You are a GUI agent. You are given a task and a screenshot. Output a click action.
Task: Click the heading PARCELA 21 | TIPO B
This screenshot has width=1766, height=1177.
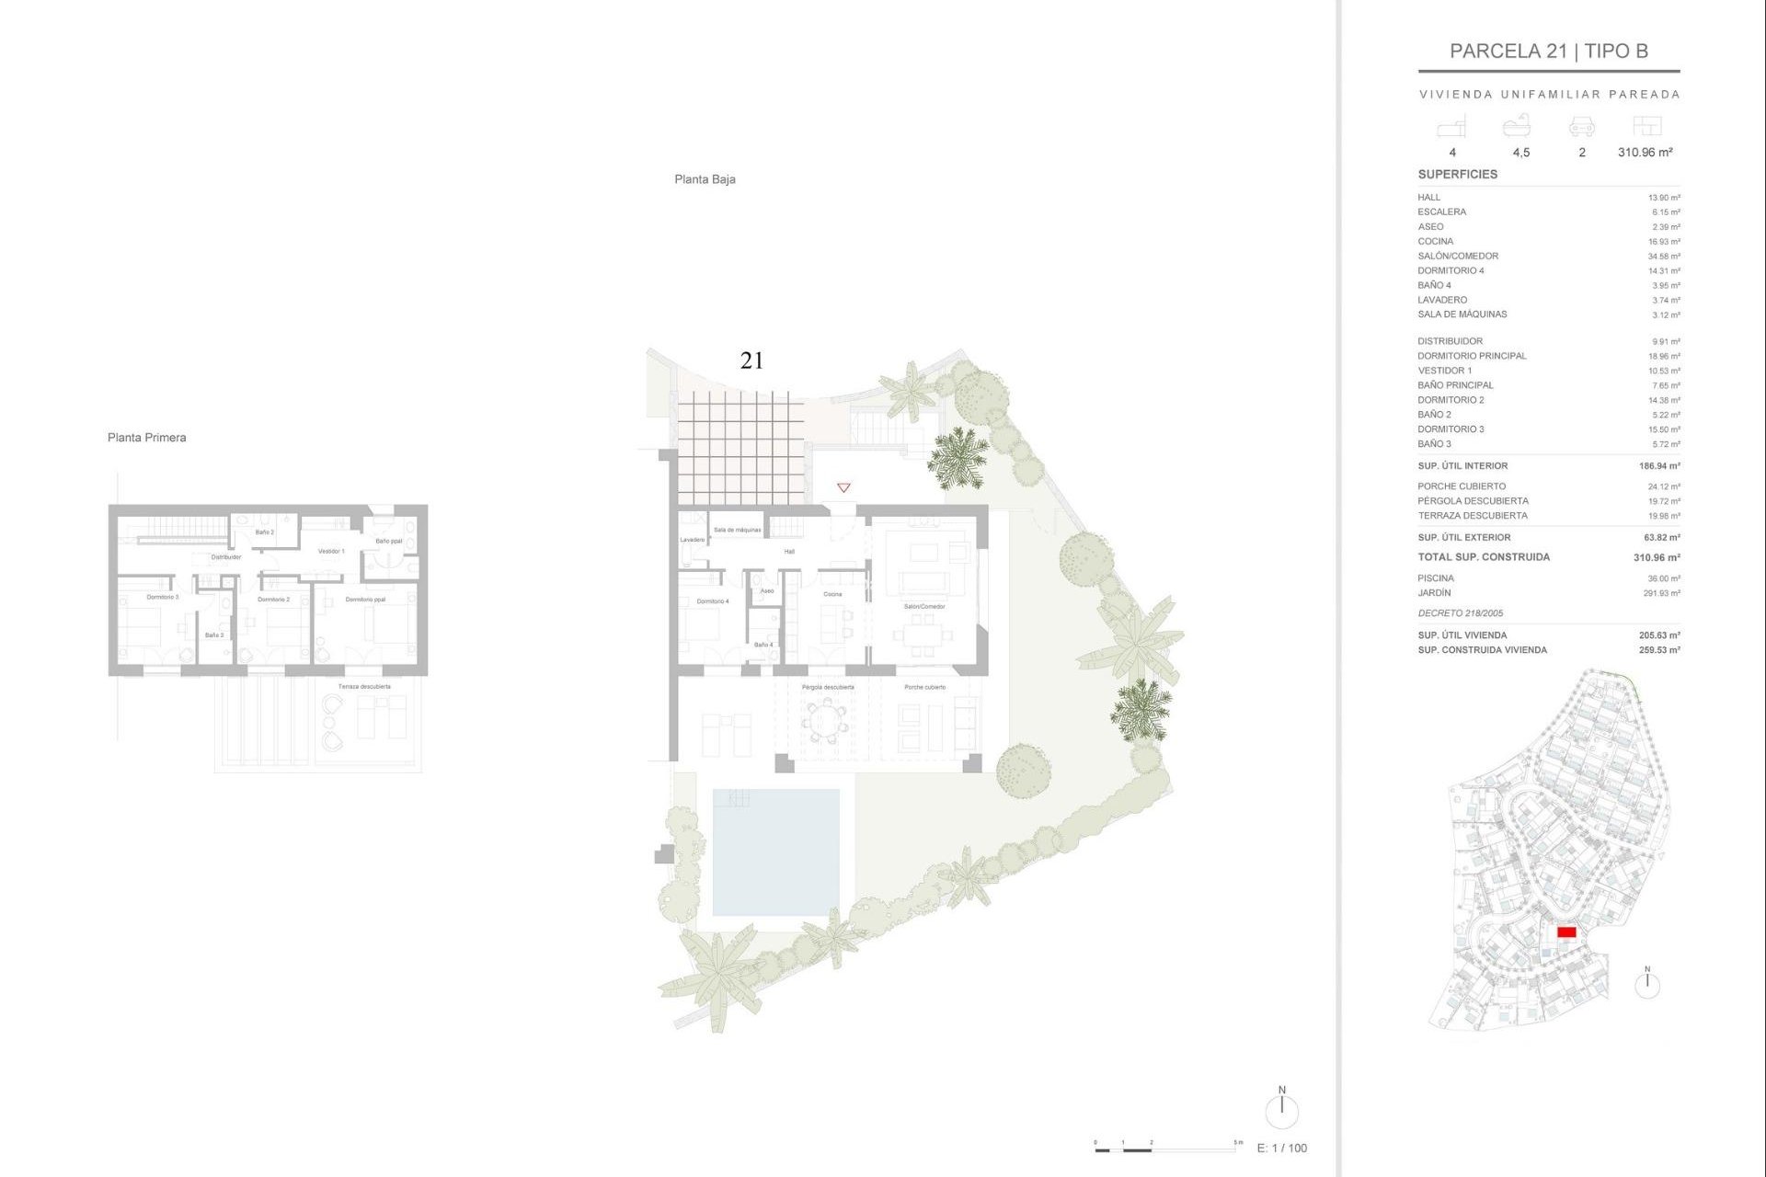(1548, 51)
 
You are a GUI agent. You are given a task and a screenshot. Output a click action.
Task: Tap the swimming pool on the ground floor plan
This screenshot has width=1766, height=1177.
(775, 852)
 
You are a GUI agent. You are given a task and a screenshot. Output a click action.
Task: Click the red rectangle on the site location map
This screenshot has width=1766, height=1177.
(1566, 932)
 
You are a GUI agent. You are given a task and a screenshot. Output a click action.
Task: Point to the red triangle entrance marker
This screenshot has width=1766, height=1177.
(843, 487)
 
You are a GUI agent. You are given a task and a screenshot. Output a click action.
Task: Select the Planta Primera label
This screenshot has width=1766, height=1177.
(146, 438)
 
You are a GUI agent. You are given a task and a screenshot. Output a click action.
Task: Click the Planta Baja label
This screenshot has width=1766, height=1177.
(705, 179)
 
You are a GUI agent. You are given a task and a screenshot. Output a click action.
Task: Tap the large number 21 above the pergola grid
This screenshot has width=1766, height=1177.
(751, 360)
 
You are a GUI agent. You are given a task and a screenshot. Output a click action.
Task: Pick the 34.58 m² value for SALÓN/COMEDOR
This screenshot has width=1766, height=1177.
(1663, 257)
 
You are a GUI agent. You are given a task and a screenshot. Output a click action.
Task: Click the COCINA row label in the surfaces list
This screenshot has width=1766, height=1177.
(1435, 242)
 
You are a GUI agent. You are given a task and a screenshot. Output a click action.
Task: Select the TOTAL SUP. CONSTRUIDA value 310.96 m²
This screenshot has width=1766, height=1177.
(1656, 557)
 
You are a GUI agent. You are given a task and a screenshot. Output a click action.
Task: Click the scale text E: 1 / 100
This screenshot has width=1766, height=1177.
(1281, 1148)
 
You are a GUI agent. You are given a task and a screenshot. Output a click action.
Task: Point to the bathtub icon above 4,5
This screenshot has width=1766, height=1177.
(1516, 126)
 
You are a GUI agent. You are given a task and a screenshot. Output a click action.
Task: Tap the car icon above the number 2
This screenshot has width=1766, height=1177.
(1581, 127)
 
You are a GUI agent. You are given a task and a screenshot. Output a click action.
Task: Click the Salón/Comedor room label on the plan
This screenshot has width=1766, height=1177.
(923, 606)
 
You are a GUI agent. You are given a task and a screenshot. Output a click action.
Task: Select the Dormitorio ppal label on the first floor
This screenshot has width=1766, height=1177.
(365, 600)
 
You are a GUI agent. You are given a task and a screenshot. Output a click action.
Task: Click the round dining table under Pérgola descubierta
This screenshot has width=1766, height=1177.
(826, 720)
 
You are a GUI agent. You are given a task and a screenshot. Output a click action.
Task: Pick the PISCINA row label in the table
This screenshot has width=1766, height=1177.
(1435, 578)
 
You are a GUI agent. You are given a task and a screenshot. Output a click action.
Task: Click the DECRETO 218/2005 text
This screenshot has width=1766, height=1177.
(1460, 613)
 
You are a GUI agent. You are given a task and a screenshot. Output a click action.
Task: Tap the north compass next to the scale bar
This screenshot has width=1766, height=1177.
(1281, 1109)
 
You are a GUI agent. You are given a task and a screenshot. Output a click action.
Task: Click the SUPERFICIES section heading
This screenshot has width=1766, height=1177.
(1457, 174)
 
